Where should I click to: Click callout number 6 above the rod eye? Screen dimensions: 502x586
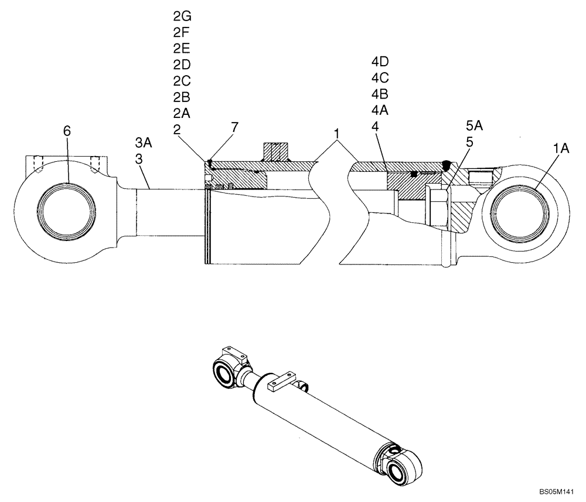pos(67,131)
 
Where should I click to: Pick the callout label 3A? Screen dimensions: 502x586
pos(143,143)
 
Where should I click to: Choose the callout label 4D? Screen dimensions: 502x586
pos(380,62)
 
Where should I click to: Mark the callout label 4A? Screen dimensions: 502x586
pos(380,110)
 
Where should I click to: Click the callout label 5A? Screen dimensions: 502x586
pos(475,126)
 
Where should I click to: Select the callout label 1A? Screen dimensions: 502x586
pos(561,150)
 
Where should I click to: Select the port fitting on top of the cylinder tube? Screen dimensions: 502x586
pos(275,152)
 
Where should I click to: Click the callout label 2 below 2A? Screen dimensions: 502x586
pos(176,128)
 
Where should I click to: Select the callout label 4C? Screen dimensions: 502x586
pos(380,77)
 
